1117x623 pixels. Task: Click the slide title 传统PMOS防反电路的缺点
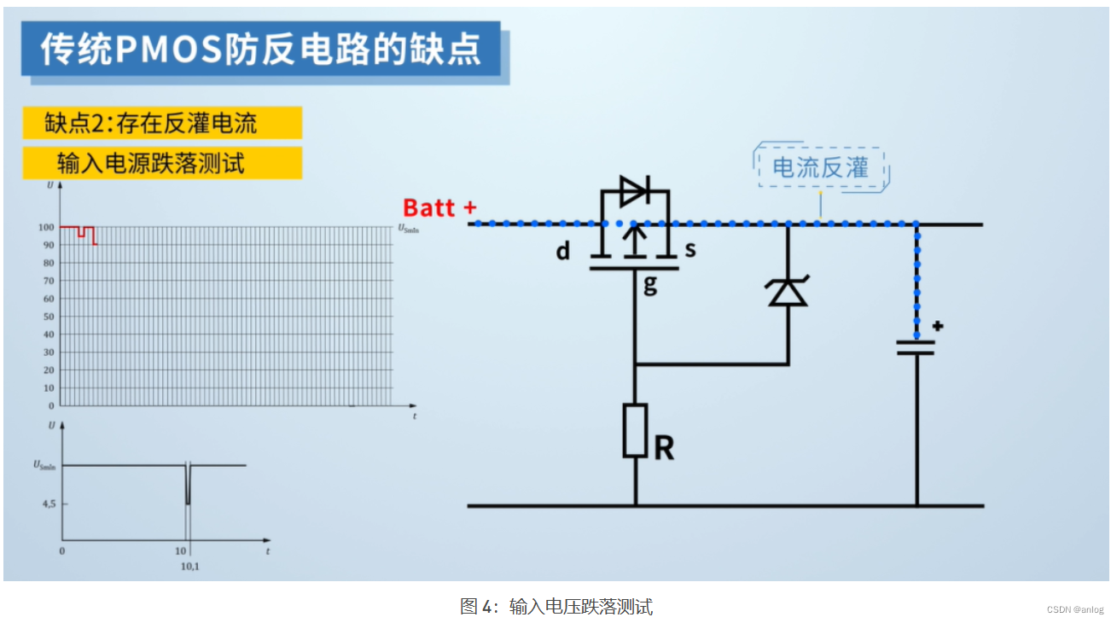261,49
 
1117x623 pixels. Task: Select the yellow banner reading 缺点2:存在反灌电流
162,123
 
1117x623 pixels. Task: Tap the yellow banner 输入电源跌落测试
162,163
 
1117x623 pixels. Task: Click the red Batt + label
439,207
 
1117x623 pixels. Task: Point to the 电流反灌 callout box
820,167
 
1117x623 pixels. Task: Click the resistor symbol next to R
635,430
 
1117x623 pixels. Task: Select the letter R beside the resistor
664,448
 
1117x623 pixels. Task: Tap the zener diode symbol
788,292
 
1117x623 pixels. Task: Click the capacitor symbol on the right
916,347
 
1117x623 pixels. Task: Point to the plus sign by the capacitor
937,326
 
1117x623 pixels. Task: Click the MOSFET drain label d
563,252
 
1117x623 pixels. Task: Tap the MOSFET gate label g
650,284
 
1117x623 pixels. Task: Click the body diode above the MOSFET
634,191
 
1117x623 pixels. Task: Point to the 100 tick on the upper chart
46,227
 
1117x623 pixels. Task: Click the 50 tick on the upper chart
49,317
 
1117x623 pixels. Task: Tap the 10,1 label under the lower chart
189,566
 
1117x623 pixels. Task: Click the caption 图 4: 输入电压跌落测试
556,607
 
